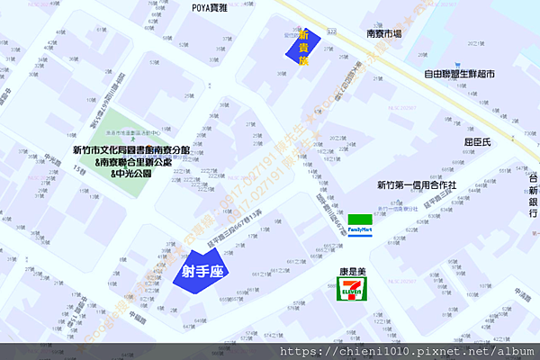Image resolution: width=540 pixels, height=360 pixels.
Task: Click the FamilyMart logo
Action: (361, 223)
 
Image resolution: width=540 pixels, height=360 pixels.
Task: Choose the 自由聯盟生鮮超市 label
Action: (460, 74)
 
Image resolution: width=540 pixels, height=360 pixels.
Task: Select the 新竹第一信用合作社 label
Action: (417, 185)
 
